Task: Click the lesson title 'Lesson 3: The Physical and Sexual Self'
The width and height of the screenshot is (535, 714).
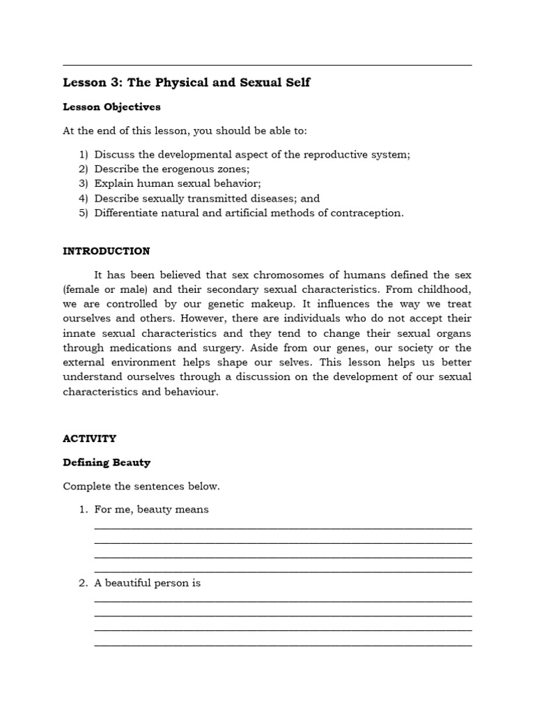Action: [x=186, y=83]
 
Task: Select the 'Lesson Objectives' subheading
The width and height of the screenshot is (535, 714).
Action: [x=111, y=107]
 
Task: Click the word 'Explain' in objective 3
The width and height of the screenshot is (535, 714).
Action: [x=115, y=184]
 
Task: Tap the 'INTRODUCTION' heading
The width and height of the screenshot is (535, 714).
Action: [x=106, y=251]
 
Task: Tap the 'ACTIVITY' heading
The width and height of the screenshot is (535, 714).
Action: [x=89, y=439]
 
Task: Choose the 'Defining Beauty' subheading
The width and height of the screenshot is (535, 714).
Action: [x=107, y=462]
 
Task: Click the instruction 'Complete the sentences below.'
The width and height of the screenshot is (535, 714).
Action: [x=141, y=486]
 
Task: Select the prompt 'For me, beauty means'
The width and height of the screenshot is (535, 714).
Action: [x=151, y=510]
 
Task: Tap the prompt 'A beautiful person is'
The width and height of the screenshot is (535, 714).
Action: [x=147, y=583]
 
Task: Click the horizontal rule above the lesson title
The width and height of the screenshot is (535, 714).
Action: [x=267, y=65]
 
